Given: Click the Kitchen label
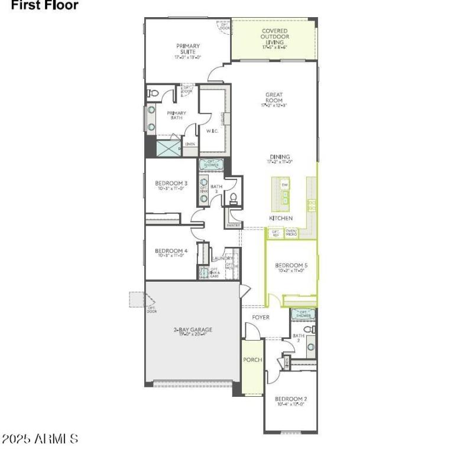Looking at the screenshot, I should (281, 218).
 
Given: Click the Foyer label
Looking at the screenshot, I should (261, 318).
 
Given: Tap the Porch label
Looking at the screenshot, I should (252, 360).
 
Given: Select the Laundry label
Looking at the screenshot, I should (223, 258).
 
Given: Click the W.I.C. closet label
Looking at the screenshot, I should (212, 131).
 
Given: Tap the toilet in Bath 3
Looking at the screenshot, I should (233, 198).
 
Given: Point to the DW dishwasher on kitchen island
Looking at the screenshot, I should (285, 185).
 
